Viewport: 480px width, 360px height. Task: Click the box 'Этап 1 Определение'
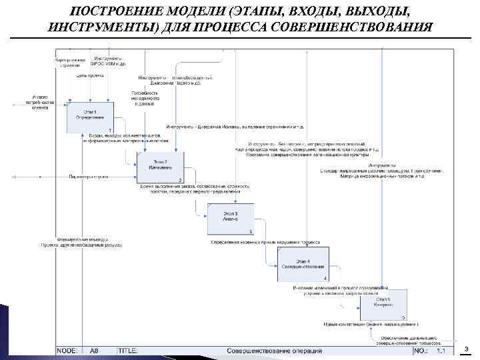pyautogui.click(x=90, y=117)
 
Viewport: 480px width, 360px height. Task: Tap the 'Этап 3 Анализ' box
pyautogui.click(x=231, y=219)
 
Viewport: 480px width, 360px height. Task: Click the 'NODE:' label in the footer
pyautogui.click(x=69, y=350)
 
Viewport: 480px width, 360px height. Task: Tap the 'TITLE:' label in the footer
pyautogui.click(x=128, y=350)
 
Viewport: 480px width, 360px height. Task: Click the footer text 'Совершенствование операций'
pyautogui.click(x=274, y=350)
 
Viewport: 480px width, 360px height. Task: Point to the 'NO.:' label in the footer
pyautogui.click(x=421, y=350)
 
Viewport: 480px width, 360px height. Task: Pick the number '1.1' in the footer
pyautogui.click(x=441, y=350)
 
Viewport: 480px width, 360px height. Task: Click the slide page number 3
pyautogui.click(x=467, y=349)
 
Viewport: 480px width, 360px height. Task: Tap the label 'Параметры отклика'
pyautogui.click(x=91, y=177)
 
